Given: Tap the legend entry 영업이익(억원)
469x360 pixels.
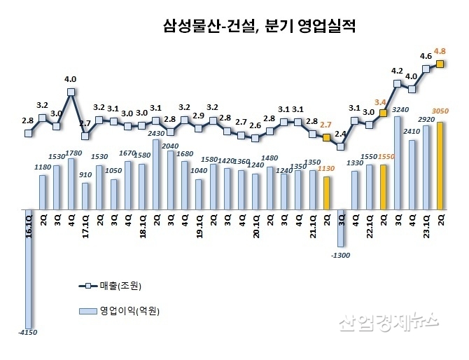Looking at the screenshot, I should tap(124, 310).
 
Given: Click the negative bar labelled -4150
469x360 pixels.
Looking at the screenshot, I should tap(29, 266).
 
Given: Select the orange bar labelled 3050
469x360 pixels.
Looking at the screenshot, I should tap(440, 166).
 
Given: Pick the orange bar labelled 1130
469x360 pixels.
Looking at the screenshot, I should tap(327, 193).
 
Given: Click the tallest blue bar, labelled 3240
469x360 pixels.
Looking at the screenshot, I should tap(398, 162).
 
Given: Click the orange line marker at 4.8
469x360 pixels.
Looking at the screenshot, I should tap(441, 64).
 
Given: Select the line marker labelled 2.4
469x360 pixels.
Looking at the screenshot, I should tap(341, 146).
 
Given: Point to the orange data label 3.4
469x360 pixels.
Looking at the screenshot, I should tap(381, 102).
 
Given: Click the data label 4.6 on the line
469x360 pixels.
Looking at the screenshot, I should tap(426, 56).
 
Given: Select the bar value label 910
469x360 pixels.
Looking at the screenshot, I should tap(85, 176).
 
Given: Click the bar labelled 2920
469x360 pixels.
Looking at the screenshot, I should tap(426, 168).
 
